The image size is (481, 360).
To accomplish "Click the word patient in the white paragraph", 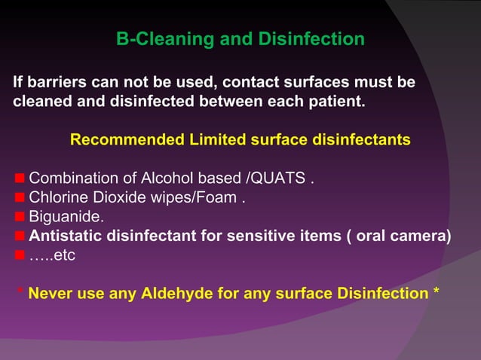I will point(336,100).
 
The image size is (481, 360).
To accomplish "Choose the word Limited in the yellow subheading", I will point(214,140).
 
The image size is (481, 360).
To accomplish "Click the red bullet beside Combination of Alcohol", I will point(20,179).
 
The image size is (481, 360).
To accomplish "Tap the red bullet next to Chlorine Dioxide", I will point(20,199).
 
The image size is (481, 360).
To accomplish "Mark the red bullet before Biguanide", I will point(20,218).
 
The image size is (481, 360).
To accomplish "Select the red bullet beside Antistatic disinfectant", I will point(20,236).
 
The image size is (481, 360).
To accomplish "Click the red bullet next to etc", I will point(20,255).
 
